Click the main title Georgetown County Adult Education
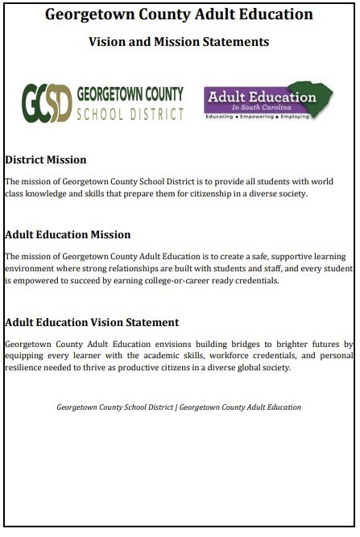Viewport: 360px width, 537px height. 179,14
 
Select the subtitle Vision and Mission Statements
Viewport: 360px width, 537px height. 179,41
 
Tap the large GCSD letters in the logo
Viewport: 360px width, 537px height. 47,102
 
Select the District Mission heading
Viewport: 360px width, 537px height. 45,160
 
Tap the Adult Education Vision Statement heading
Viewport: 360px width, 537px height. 91,322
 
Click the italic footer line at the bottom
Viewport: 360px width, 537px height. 179,407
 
